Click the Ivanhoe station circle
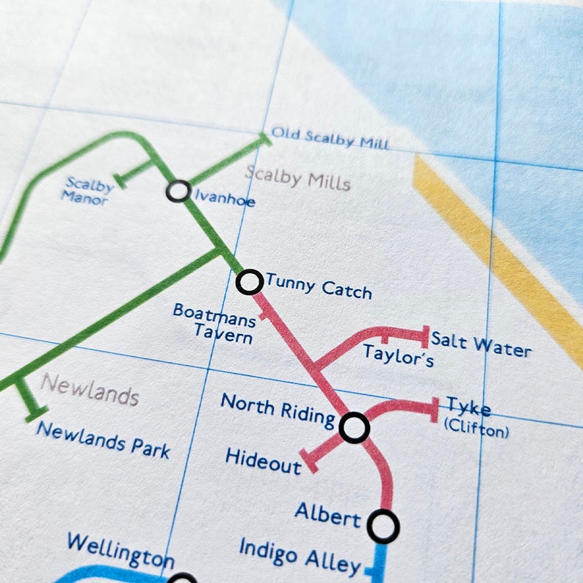click(178, 191)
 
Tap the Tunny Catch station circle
click(250, 281)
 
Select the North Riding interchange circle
click(354, 427)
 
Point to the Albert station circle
click(383, 526)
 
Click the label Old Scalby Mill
click(330, 138)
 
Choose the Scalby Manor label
click(88, 189)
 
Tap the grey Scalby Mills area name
click(298, 178)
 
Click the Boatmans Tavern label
click(214, 324)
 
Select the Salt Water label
click(481, 344)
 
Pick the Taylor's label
click(399, 355)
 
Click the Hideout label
click(263, 461)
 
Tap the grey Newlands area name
click(90, 389)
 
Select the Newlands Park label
click(103, 439)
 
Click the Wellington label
click(120, 551)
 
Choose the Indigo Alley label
click(300, 557)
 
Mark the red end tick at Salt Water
click(424, 337)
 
